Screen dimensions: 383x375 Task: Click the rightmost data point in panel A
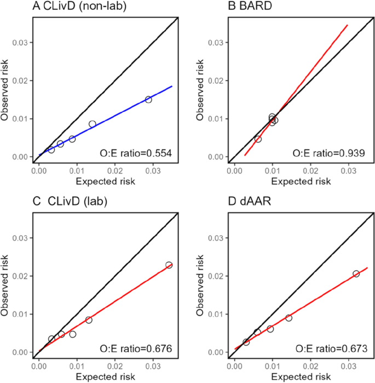coord(148,99)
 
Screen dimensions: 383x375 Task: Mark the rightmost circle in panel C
coord(169,265)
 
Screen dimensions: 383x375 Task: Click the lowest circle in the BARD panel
coord(258,139)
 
